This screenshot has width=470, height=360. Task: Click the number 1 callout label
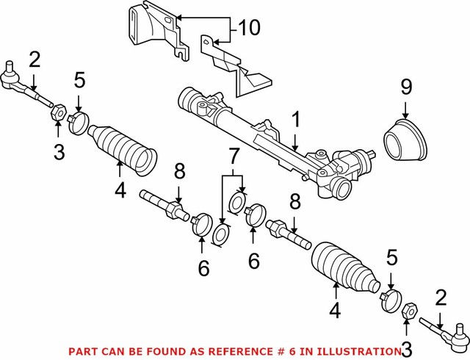(x=295, y=118)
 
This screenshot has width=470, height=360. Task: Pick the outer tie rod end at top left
(x=22, y=84)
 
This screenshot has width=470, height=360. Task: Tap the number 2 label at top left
(x=35, y=59)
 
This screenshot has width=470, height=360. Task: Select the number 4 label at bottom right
(x=335, y=312)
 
